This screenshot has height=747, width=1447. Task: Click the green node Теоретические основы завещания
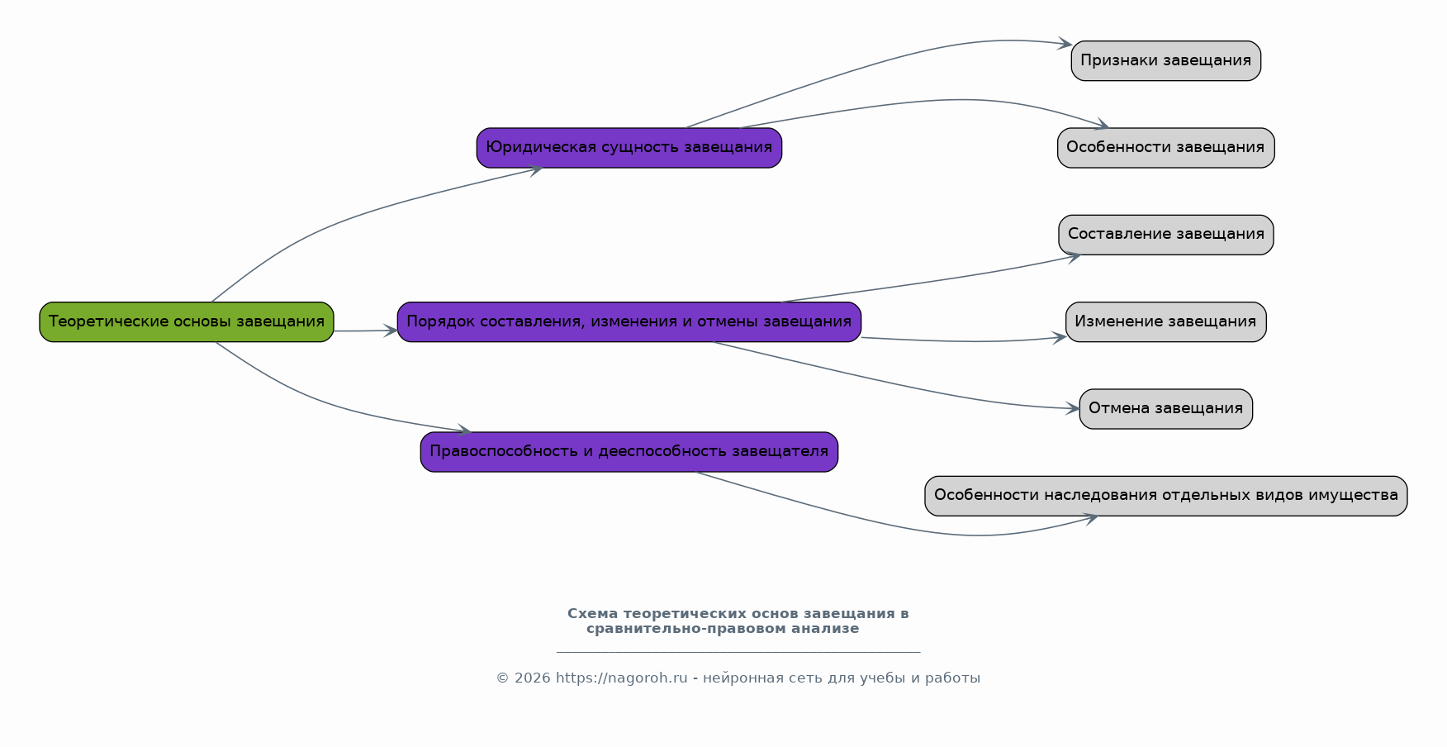pos(187,321)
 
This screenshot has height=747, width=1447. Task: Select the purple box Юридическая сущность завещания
pos(629,148)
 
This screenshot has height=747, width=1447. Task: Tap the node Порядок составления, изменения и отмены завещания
pos(629,321)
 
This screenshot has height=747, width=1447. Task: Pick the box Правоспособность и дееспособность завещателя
pos(629,452)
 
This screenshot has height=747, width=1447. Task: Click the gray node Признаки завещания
pos(1166,60)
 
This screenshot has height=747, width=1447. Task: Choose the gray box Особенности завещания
pos(1166,148)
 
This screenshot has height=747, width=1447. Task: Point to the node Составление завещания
pos(1166,235)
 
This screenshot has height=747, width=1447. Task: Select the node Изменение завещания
pos(1166,321)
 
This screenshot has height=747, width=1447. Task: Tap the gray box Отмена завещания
pos(1166,409)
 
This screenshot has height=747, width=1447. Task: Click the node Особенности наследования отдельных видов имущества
pos(1166,496)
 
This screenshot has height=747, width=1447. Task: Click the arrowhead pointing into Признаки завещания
pos(1065,44)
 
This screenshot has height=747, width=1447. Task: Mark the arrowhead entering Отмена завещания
pos(1073,408)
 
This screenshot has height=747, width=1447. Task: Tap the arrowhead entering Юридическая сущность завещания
pos(536,170)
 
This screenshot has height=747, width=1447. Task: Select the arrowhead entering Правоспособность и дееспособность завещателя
pos(463,430)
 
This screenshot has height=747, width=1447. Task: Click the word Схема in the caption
pos(593,614)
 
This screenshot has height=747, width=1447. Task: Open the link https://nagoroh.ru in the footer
pos(622,678)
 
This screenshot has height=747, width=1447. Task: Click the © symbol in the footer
pos(502,678)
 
